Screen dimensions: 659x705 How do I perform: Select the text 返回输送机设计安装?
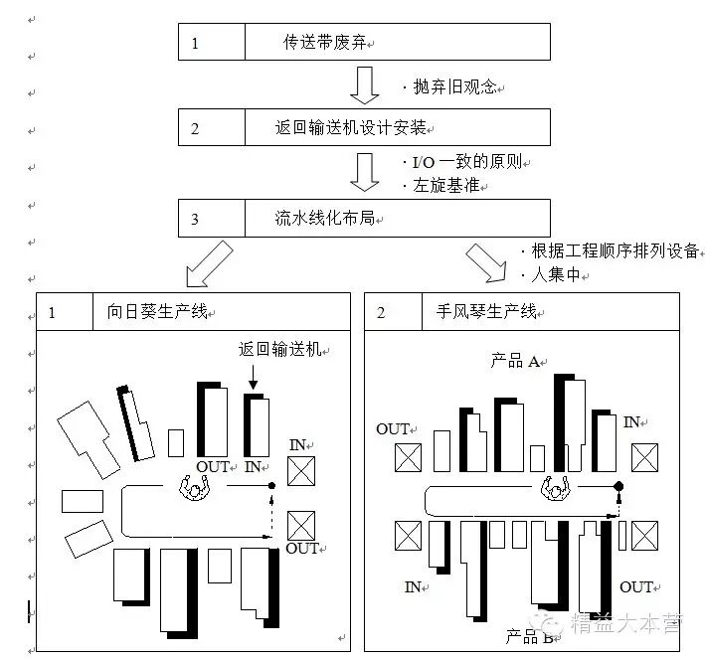coord(349,128)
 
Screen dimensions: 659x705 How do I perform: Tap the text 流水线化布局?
coord(324,218)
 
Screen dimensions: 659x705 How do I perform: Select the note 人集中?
coord(554,273)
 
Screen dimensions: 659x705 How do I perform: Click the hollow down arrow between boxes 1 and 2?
coord(365,84)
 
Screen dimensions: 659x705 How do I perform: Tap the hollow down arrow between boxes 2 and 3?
coord(365,171)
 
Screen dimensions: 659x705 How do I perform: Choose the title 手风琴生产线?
coord(485,312)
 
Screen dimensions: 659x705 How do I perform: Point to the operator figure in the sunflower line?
coord(196,487)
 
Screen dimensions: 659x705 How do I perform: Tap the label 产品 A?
coord(514,361)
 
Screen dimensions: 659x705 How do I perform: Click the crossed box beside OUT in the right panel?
coord(408,457)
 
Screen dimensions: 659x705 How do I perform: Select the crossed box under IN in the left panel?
coord(301,470)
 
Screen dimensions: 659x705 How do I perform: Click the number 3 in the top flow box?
coord(195,219)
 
